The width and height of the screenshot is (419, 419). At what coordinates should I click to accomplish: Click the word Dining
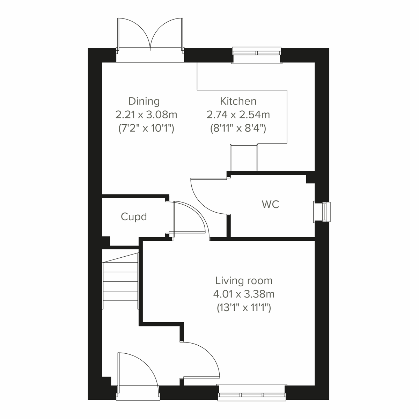[144, 101]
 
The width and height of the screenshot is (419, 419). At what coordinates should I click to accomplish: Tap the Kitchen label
[238, 101]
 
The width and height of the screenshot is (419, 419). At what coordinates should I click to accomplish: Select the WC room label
[271, 205]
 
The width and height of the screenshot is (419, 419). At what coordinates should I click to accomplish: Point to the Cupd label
[134, 217]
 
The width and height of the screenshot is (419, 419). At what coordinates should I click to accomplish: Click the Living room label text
[244, 281]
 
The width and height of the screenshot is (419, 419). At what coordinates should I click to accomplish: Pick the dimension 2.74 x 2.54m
[238, 115]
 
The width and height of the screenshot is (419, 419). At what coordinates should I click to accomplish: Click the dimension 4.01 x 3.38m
[244, 294]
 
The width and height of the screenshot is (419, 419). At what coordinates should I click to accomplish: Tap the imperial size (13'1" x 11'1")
[244, 308]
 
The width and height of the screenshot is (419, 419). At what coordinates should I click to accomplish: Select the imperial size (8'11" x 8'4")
[238, 128]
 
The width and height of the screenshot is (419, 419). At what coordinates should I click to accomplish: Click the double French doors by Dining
[150, 38]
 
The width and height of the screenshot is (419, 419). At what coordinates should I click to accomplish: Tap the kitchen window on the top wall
[257, 55]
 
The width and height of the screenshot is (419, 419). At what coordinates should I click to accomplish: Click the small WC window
[322, 212]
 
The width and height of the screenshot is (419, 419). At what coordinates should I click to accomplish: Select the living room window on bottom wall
[251, 392]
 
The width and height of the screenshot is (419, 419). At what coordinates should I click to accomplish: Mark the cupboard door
[190, 218]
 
